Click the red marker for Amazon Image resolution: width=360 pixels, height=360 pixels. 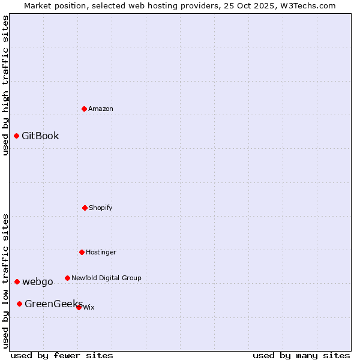pos(85,109)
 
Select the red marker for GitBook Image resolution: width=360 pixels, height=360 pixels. pos(17,136)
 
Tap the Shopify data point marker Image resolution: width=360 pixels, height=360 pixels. pos(85,208)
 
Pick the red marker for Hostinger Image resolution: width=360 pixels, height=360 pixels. pos(82,252)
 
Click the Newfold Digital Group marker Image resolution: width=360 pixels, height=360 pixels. pos(67,278)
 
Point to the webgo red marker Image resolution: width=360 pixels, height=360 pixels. pos(17,281)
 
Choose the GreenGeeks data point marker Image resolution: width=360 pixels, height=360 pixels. pos(20,304)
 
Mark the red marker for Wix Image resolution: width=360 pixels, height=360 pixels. pos(79,307)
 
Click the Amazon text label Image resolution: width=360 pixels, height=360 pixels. pos(101,109)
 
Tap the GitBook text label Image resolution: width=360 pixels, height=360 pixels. pos(40,136)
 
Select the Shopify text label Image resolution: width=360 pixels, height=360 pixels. pos(101,208)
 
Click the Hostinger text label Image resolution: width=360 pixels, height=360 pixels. pos(101,252)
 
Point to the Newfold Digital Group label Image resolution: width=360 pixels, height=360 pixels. pos(106,278)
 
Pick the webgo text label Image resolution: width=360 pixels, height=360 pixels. pos(38,281)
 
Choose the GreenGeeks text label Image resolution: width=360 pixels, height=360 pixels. pos(53,304)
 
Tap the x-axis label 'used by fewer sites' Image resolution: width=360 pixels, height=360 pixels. pos(62,355)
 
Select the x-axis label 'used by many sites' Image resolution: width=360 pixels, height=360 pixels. pos(301,355)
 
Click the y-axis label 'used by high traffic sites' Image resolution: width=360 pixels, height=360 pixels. pos(5,85)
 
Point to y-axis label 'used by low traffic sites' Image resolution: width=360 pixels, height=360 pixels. pos(5,281)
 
